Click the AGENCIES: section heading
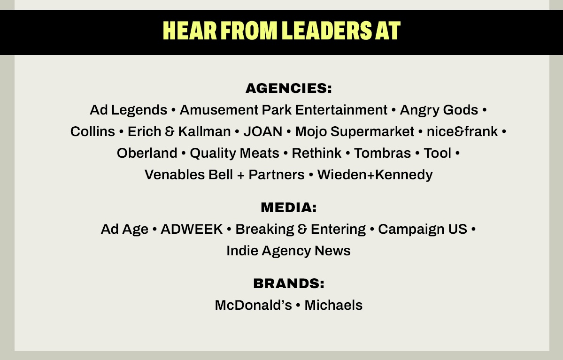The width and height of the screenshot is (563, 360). (289, 88)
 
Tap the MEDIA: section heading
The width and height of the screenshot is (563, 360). (289, 207)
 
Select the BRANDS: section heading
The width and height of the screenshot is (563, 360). (289, 283)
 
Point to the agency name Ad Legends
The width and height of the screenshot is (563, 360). (129, 110)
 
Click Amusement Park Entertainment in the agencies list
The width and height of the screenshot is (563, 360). (284, 110)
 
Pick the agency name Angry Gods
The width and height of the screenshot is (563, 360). (439, 110)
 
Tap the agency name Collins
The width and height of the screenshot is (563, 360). (93, 131)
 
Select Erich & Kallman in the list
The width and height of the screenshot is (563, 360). (179, 131)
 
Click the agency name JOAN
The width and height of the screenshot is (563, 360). (263, 131)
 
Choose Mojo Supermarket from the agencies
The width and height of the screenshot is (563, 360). (355, 132)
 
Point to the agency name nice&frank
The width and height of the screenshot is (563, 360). (462, 131)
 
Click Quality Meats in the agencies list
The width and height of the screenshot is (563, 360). (234, 153)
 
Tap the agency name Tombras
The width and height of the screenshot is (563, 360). (382, 153)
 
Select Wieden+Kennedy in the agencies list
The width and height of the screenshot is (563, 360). (375, 175)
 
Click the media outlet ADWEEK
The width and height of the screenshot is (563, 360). (192, 229)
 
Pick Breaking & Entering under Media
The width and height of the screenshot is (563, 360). (301, 230)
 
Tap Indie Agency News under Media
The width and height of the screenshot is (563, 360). (288, 251)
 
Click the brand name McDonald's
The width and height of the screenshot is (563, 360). (254, 305)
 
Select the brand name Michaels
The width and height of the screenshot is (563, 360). (333, 305)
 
